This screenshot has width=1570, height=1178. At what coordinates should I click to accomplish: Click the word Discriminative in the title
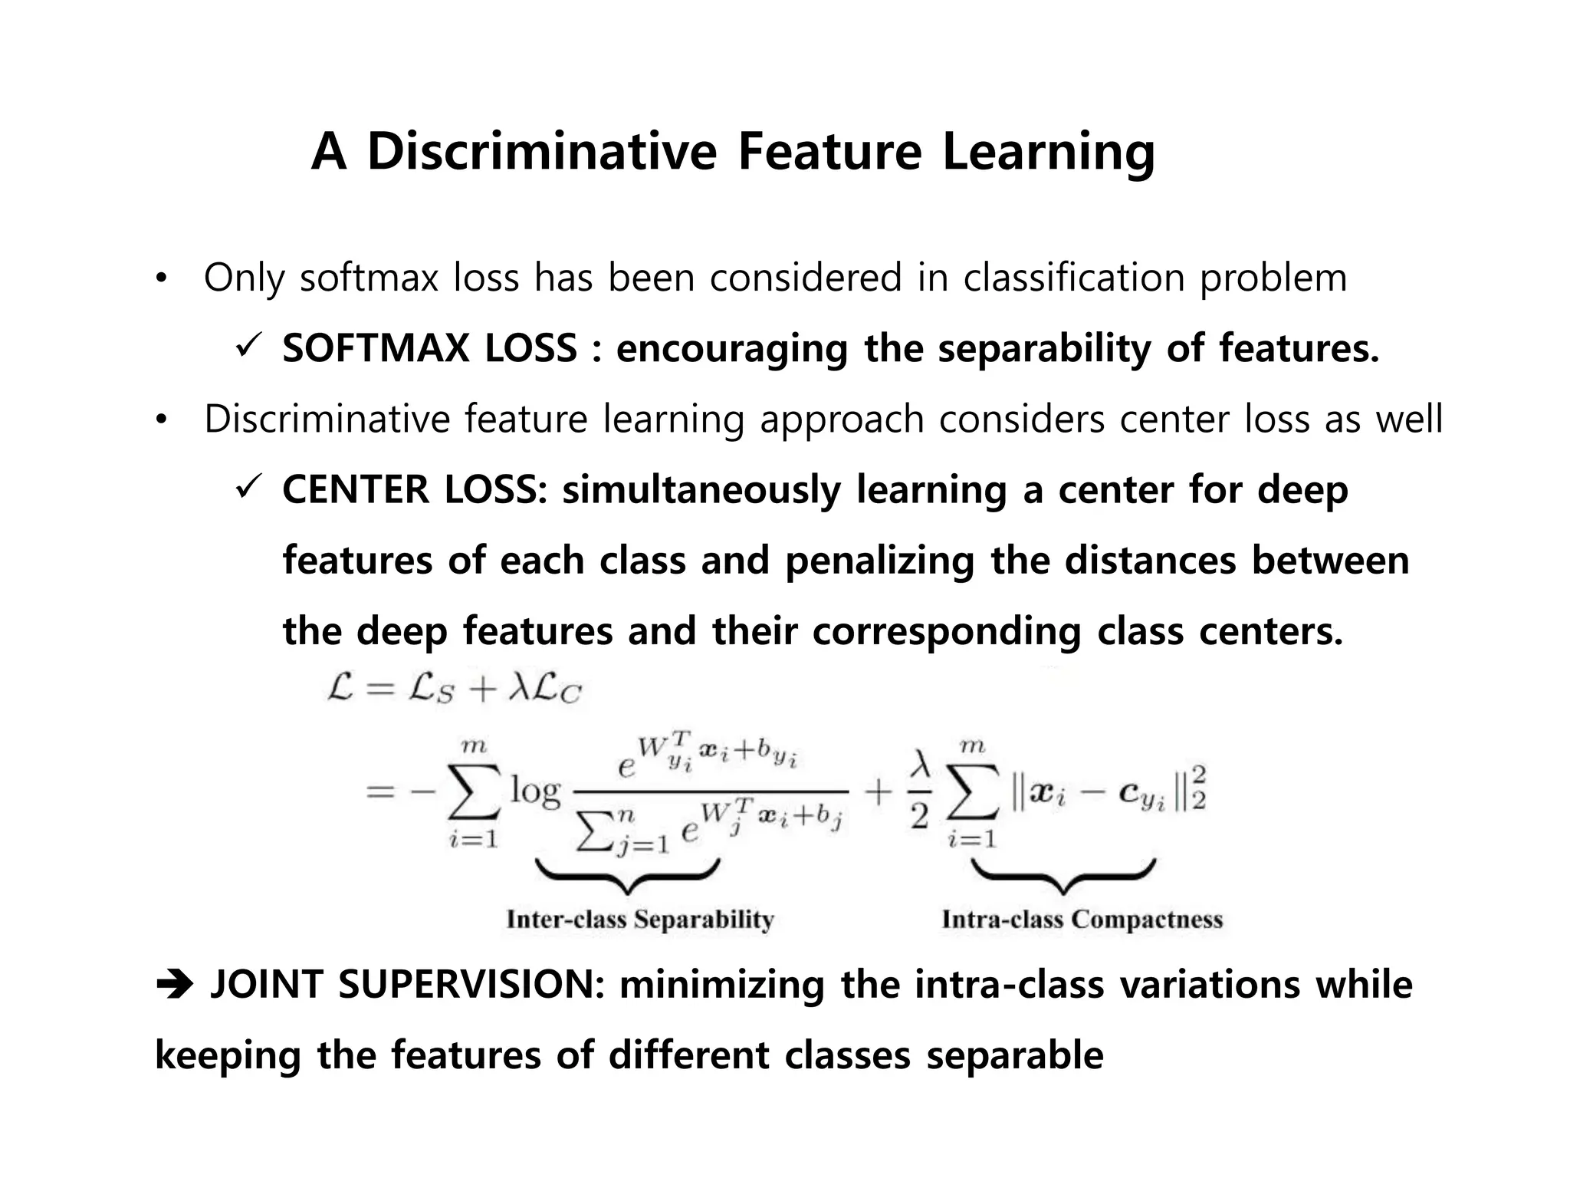click(x=541, y=151)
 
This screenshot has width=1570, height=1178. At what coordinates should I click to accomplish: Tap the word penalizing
click(x=879, y=561)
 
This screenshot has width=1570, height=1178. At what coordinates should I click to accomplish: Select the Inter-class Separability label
click(x=640, y=920)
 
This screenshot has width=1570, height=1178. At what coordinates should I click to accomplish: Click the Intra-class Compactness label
click(x=1082, y=920)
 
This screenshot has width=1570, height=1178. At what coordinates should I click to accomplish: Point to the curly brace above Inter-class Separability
click(x=627, y=875)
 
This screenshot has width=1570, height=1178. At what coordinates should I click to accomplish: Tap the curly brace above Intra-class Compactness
click(x=1063, y=875)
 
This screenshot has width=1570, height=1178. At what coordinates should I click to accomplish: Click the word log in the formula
click(x=536, y=790)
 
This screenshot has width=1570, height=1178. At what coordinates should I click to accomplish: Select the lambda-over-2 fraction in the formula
click(x=920, y=791)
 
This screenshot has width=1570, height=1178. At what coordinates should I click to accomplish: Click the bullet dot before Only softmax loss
click(x=160, y=279)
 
